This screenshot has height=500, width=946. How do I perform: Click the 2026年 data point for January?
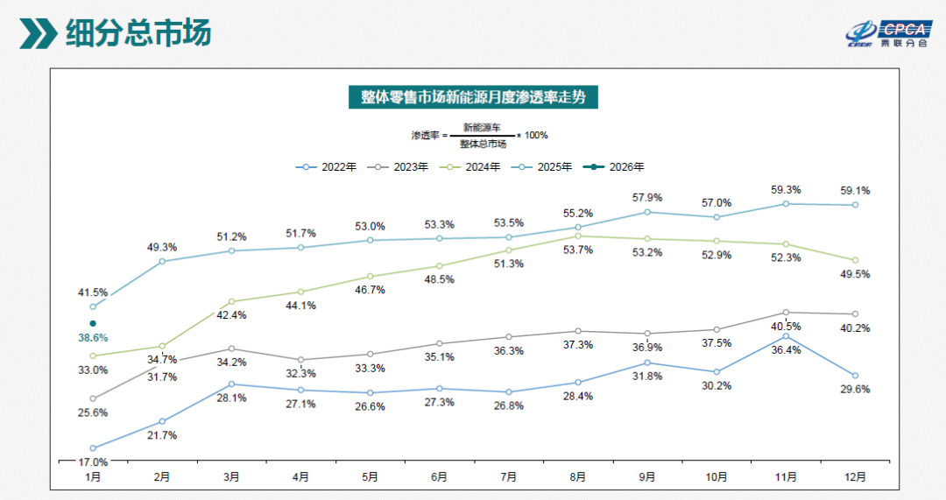[93, 324]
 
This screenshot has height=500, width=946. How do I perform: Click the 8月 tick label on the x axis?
[578, 477]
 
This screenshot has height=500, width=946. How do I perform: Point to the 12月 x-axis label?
[855, 477]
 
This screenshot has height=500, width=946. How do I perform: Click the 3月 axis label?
[231, 477]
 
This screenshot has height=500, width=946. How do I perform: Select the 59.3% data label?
[786, 190]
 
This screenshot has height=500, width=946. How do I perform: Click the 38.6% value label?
[93, 338]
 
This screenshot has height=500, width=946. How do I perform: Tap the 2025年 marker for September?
[647, 212]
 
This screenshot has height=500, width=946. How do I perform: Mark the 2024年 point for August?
[578, 236]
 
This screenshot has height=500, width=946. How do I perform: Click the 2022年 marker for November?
[786, 336]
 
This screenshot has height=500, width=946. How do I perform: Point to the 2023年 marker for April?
[301, 360]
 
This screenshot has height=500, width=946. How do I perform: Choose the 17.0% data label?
[93, 462]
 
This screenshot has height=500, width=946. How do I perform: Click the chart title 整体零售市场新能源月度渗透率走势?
[474, 97]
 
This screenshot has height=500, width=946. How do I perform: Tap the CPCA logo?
[889, 34]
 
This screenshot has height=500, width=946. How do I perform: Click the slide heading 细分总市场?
[138, 33]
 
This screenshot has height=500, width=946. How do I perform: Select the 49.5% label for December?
[855, 274]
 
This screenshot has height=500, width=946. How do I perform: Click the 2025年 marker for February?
[162, 262]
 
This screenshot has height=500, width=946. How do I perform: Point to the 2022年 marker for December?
[855, 376]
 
